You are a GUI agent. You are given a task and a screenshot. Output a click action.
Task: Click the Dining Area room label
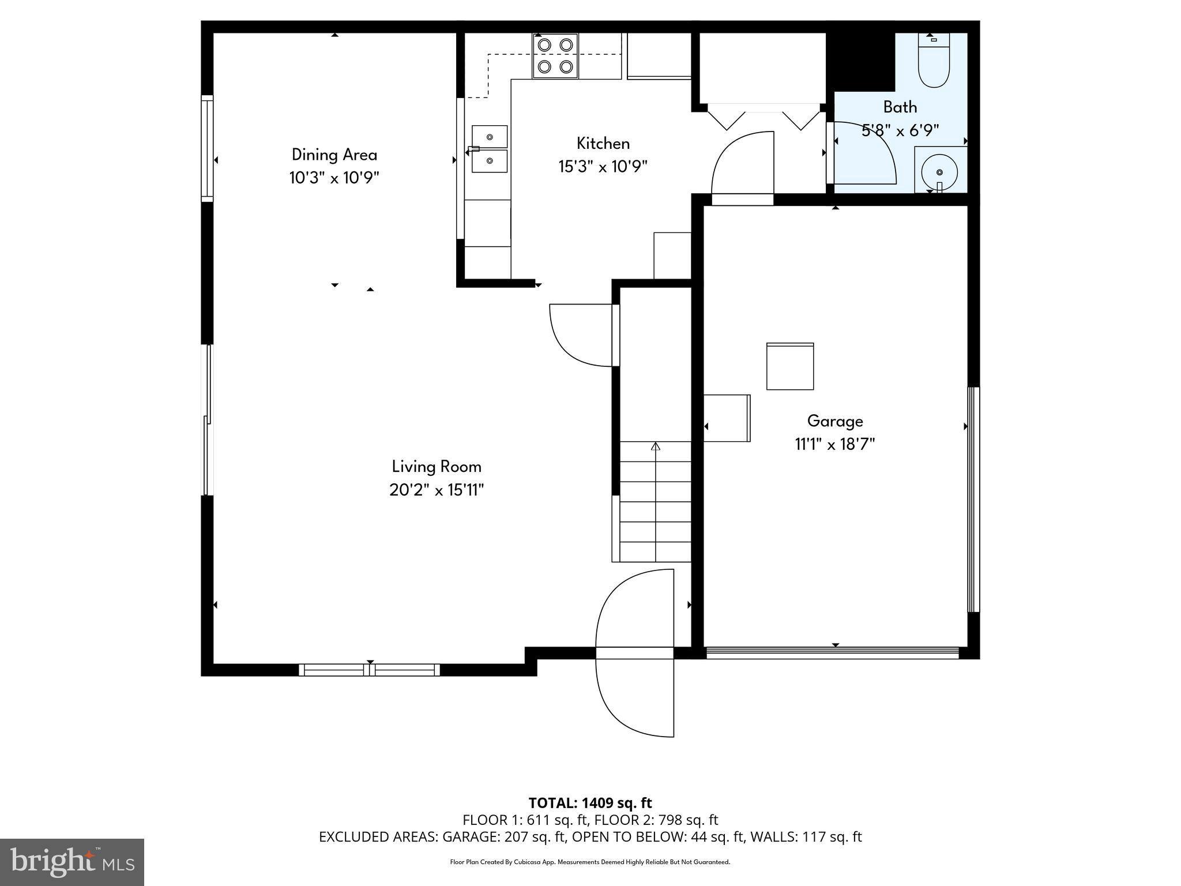point(334,155)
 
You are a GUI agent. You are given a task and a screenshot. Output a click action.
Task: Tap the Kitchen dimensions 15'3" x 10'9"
point(603,167)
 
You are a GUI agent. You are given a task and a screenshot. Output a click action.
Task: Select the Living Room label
point(437,466)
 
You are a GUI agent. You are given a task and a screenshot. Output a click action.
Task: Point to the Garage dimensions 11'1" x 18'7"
point(834,444)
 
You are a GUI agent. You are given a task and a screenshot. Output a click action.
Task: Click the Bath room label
point(900,107)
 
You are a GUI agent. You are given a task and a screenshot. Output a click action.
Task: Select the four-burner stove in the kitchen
point(555,56)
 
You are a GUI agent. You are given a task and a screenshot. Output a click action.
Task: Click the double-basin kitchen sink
point(490,149)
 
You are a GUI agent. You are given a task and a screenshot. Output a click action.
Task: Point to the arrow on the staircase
point(656,446)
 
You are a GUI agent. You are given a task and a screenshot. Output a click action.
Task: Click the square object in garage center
point(789,366)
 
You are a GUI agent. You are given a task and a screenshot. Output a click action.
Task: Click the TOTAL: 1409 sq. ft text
point(590,803)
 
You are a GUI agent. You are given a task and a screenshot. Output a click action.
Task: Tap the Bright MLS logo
point(72,862)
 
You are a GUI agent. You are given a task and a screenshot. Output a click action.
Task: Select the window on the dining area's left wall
point(207,148)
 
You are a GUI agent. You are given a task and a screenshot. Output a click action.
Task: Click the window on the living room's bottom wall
point(369,670)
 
